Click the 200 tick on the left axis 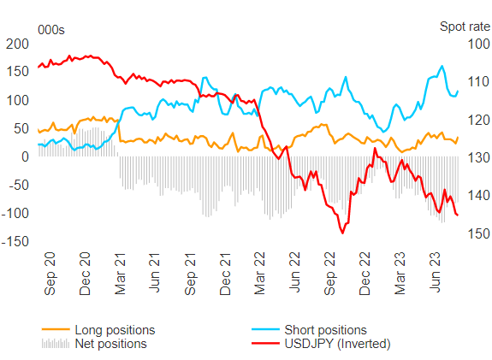tap(17, 44)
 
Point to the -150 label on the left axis tap(15, 242)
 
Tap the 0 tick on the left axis tap(25, 156)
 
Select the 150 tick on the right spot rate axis tap(479, 233)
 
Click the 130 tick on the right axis tap(479, 157)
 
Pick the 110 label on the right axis tap(479, 82)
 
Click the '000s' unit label tap(51, 30)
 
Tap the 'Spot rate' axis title tap(465, 27)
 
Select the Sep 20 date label tap(50, 274)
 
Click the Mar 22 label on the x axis tap(260, 274)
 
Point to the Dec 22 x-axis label tap(365, 274)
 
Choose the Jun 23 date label tap(435, 272)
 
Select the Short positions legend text tap(325, 330)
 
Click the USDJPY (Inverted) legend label tap(337, 344)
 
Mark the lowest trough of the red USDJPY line tap(342, 233)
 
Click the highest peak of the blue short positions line tap(442, 66)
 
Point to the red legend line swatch tap(265, 344)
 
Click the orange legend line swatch tap(56, 329)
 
